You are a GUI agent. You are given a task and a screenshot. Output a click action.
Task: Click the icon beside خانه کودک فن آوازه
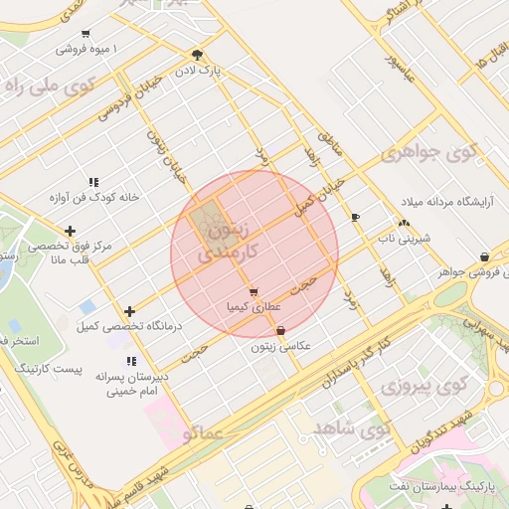coord(93,182)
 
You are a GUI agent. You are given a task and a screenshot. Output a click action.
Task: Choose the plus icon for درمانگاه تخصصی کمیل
coord(130,312)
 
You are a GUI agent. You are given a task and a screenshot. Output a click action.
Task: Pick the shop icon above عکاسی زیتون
coord(280,330)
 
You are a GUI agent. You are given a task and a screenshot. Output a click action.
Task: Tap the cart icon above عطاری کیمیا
coord(254,292)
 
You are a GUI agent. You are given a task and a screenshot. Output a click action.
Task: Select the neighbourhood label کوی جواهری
coord(428,154)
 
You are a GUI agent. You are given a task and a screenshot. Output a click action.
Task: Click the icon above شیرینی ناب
coord(404,224)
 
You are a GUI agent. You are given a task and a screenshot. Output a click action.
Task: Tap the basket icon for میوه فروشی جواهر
coord(483,255)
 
